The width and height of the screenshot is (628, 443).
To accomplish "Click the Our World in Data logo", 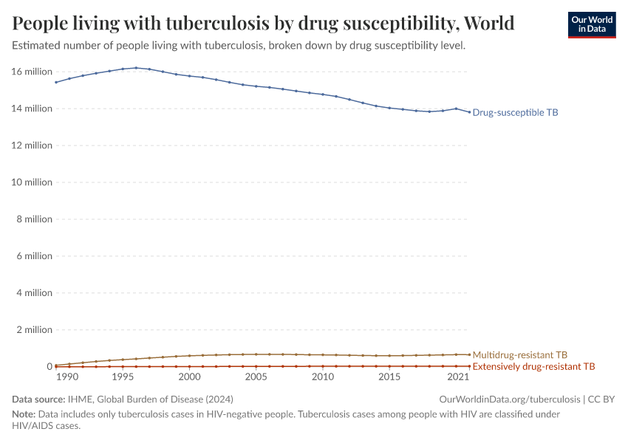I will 591,24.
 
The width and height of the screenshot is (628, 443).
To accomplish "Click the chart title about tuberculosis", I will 263,23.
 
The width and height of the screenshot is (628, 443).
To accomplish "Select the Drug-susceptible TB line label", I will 515,113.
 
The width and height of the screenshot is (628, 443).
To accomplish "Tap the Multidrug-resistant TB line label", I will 519,354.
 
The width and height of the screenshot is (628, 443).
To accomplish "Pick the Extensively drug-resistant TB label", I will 533,366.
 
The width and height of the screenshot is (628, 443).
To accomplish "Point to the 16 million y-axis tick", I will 32,72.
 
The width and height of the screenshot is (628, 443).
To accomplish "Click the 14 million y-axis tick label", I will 32,109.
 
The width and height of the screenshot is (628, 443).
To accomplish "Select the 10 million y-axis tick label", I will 32,182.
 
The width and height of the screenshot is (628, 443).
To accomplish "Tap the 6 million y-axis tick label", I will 34,256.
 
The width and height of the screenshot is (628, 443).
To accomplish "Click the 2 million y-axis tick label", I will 34,330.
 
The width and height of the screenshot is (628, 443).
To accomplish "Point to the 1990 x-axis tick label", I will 67,377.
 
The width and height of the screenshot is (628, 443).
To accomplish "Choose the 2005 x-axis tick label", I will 256,377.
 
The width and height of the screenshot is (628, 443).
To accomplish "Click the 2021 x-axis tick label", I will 459,377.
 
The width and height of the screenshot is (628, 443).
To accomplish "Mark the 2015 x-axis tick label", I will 389,377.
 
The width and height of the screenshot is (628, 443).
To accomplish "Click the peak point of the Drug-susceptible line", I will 136,68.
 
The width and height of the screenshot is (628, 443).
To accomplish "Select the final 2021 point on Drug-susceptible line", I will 469,112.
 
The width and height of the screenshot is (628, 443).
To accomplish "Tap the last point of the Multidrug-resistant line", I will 469,354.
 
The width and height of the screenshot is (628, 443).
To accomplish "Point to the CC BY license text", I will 601,399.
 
